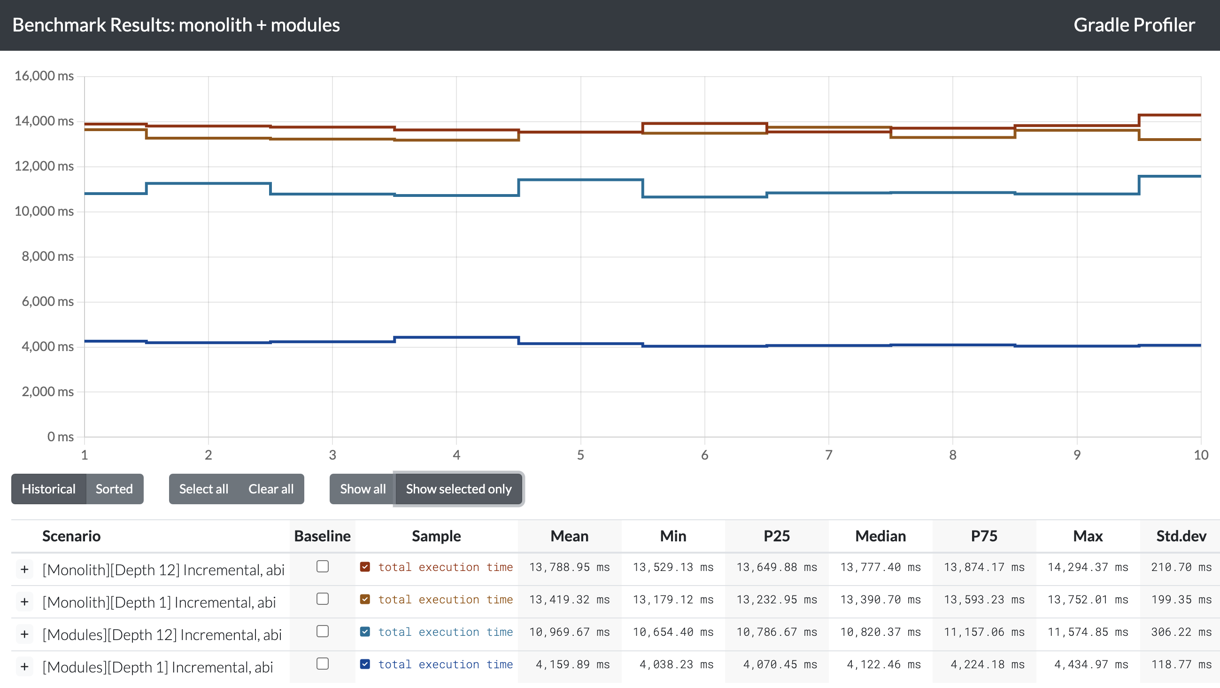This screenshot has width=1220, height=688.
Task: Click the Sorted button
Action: [114, 489]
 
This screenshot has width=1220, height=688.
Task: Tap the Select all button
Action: [203, 489]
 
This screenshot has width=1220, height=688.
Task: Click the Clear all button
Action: [271, 489]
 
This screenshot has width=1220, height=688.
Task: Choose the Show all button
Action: [363, 489]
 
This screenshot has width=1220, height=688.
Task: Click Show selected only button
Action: [458, 489]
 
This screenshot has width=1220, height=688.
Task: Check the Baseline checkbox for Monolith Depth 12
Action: [323, 567]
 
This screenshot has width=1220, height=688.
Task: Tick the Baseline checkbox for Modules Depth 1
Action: [323, 664]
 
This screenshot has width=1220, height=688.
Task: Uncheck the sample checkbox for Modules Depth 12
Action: [365, 632]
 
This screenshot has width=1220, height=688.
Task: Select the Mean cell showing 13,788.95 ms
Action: [569, 567]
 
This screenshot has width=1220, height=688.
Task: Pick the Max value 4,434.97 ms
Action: [1088, 665]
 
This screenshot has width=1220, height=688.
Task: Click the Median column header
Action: [880, 536]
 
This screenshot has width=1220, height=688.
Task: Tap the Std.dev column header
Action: [1181, 536]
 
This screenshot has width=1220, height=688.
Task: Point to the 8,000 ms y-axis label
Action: [47, 256]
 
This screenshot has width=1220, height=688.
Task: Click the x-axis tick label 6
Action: [705, 455]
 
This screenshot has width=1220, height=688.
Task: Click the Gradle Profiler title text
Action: [1134, 25]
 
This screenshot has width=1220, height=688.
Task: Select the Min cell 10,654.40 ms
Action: [673, 632]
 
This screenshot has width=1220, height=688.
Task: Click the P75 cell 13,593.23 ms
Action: [984, 600]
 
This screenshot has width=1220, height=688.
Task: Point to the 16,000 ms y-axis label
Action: [44, 76]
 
